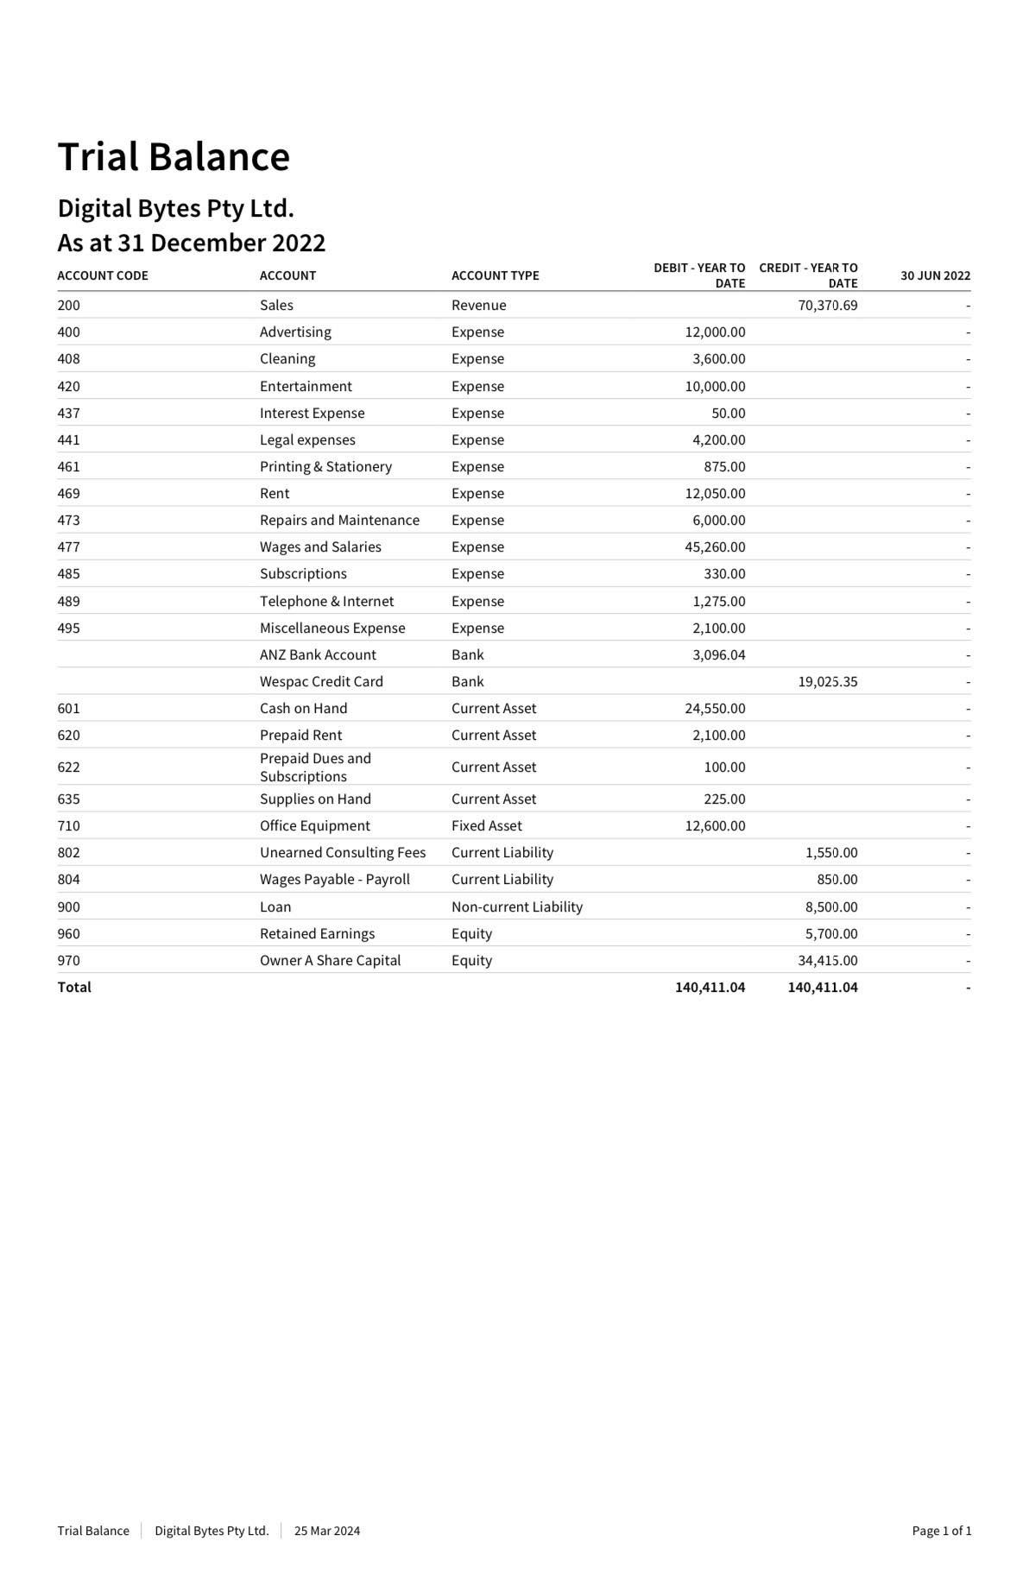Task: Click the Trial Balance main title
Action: point(174,157)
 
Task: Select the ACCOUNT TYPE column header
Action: point(495,275)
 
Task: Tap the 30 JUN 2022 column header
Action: point(935,275)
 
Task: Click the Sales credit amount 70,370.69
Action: point(828,305)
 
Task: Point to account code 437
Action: point(68,413)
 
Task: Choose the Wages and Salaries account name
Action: point(320,546)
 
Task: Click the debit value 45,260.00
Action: point(715,546)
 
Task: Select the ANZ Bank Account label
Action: point(318,654)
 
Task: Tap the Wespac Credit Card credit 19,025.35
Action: point(828,681)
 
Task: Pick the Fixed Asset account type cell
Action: point(486,825)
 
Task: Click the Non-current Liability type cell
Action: point(516,906)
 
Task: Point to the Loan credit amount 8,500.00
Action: point(831,906)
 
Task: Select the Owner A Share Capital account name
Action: point(330,960)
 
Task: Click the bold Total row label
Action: point(74,987)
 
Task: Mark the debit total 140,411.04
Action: point(710,987)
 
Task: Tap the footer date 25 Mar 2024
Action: point(327,1531)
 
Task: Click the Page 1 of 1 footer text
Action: point(941,1531)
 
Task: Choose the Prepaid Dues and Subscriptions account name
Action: point(315,767)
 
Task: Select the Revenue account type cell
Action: point(478,305)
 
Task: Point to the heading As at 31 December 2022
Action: point(192,243)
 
